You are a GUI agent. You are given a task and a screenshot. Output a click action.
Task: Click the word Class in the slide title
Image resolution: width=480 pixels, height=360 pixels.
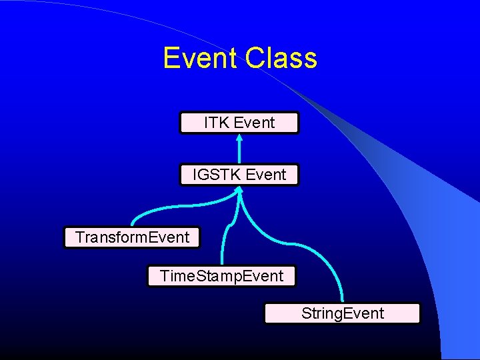coord(281,59)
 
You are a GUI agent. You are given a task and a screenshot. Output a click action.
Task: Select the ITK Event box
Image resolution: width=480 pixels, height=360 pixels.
coord(239,123)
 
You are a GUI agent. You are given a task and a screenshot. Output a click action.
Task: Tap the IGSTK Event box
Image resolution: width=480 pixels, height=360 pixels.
coord(239,175)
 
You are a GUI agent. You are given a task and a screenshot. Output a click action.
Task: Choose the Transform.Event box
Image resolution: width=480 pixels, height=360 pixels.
coord(132,237)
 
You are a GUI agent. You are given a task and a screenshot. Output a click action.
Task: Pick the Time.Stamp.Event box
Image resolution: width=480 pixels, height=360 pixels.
coord(221,276)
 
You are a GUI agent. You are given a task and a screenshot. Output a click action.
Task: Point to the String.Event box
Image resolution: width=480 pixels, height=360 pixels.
coord(342,313)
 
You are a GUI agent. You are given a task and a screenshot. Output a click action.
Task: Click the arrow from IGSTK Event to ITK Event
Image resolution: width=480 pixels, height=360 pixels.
coord(239,150)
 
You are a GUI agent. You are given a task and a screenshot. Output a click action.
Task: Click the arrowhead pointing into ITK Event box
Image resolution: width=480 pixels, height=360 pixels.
coord(239,137)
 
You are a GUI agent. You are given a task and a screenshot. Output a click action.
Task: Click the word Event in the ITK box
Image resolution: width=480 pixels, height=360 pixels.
coord(254,123)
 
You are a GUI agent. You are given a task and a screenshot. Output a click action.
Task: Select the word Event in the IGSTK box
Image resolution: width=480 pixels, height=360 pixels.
coord(265,175)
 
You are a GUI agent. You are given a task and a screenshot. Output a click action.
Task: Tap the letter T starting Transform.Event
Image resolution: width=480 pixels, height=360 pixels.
coord(79,237)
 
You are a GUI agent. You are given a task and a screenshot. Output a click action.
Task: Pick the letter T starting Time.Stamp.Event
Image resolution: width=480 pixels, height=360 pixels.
coord(164,276)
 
